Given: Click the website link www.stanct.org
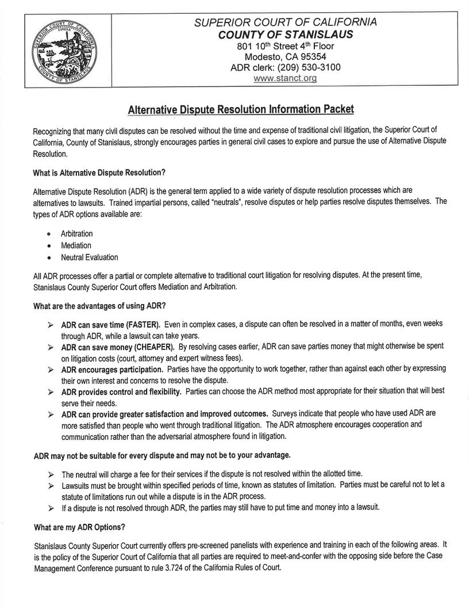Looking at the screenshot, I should pyautogui.click(x=285, y=78).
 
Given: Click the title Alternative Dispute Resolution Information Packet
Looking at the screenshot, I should pyautogui.click(x=240, y=109).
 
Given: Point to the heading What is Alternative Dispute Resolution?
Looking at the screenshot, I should pyautogui.click(x=99, y=172).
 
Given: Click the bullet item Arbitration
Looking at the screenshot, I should pyautogui.click(x=76, y=234).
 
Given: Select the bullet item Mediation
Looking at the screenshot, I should pyautogui.click(x=76, y=245).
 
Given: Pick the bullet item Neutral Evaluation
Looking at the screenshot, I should pyautogui.click(x=89, y=257).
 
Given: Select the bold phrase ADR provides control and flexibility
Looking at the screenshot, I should pyautogui.click(x=121, y=392).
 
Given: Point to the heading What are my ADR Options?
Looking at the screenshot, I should pyautogui.click(x=79, y=527).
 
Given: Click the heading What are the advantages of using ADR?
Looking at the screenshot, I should pyautogui.click(x=99, y=305).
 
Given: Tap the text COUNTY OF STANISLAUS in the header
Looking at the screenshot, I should pyautogui.click(x=285, y=34).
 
